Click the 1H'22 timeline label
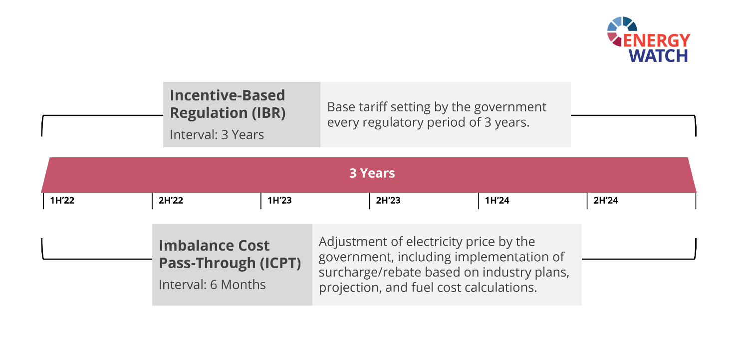coord(62,200)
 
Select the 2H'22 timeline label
coord(171,200)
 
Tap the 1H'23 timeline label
coord(279,200)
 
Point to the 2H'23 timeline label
coord(388,200)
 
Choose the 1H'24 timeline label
coord(497,200)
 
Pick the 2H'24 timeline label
coord(606,200)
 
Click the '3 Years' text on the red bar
coord(372,173)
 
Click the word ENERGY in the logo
coord(656,41)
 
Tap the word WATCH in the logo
coord(658,56)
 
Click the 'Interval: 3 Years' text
coord(217,135)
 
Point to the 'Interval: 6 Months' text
coord(212,285)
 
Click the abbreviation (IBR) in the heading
coord(268,113)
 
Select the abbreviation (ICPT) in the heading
coord(280,263)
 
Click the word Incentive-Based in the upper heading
coord(228,95)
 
